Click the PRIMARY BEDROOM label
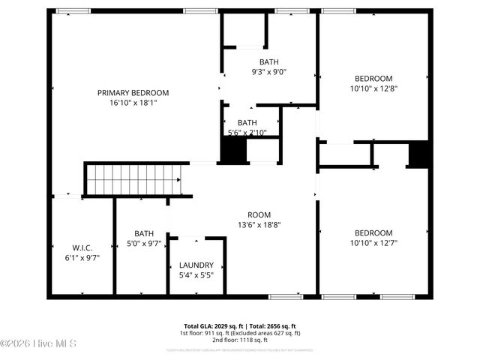click(x=133, y=93)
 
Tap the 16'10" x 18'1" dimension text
click(x=133, y=103)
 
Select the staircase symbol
click(x=132, y=179)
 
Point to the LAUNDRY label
click(x=196, y=265)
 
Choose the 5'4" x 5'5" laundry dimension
click(x=196, y=275)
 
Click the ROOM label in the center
click(x=259, y=214)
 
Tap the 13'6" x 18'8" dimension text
click(x=259, y=223)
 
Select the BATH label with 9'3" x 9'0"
click(x=269, y=62)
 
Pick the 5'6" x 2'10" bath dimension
click(x=247, y=133)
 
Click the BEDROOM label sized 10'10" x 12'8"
click(x=373, y=79)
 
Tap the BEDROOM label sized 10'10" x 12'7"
click(x=373, y=232)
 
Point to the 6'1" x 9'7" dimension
click(x=82, y=257)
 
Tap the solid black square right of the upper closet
click(x=418, y=153)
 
